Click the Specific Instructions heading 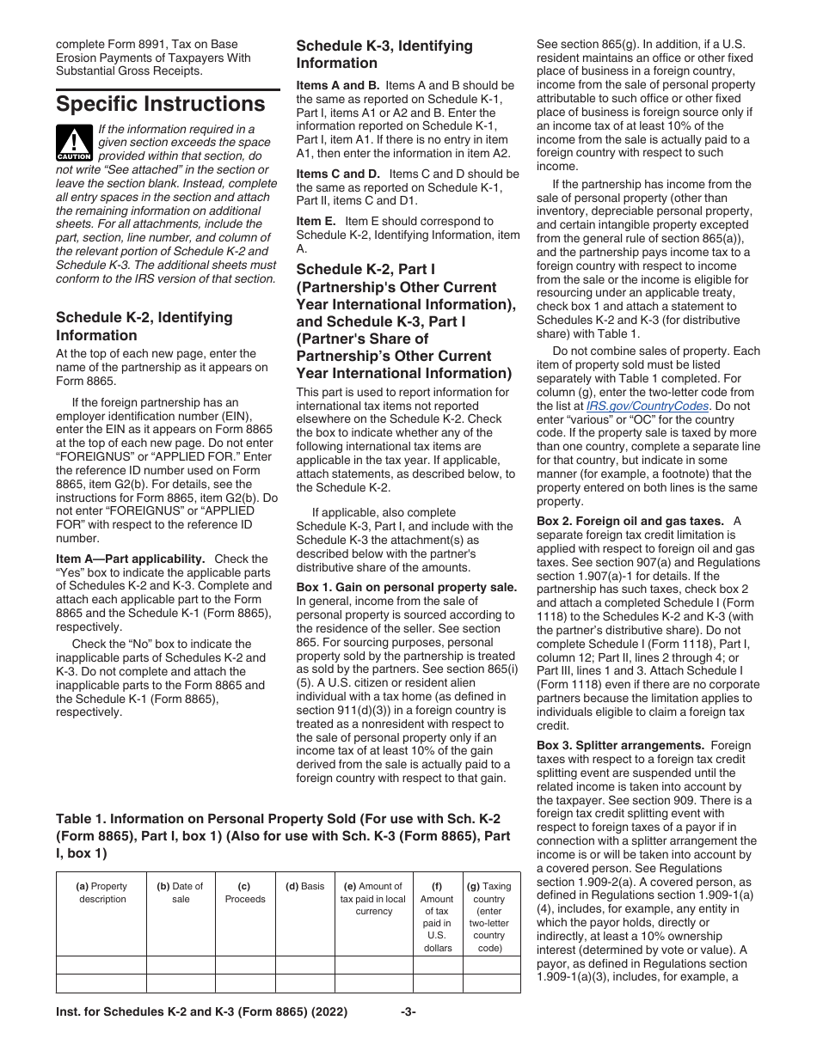tap(161, 105)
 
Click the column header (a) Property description tap(101, 893)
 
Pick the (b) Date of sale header tap(181, 893)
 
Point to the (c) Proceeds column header tap(245, 893)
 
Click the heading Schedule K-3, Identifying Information tap(384, 54)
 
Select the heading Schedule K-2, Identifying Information tap(144, 327)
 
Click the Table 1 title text tap(284, 835)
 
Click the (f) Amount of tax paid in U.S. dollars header tap(438, 917)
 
